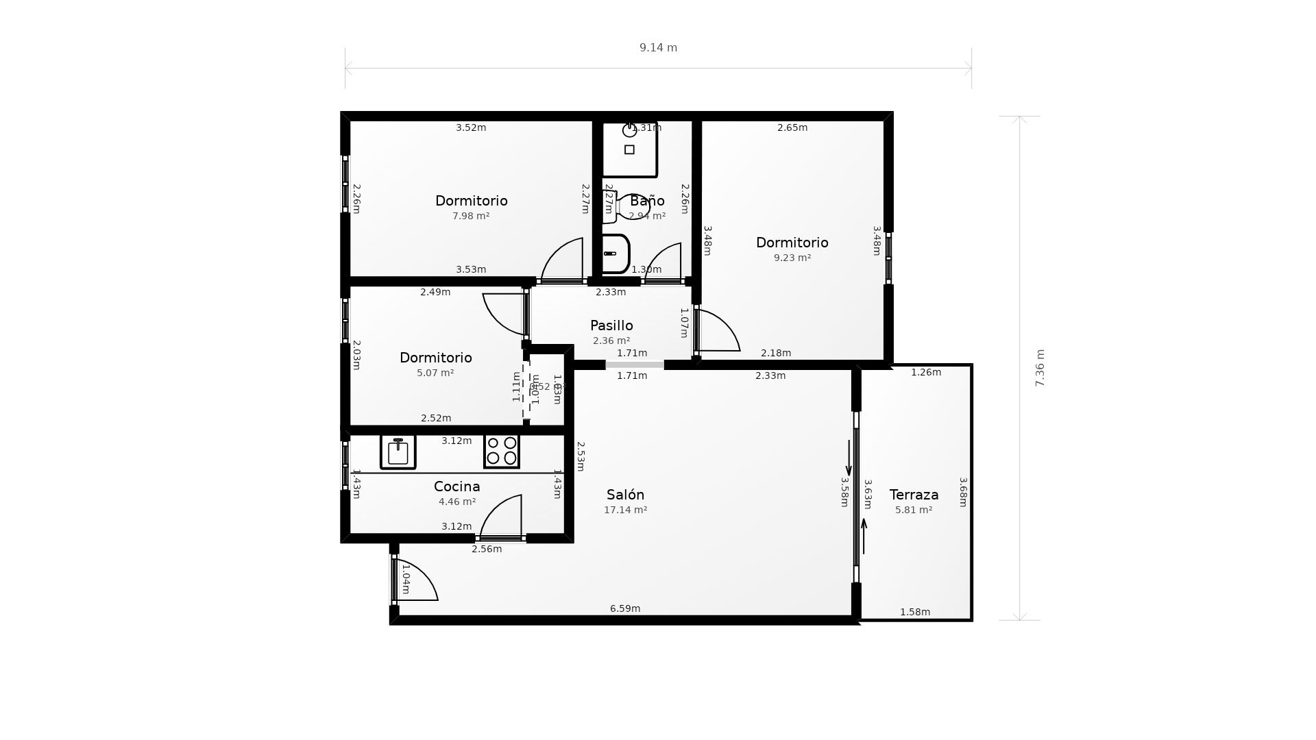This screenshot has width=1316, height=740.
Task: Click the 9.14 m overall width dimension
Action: (658, 48)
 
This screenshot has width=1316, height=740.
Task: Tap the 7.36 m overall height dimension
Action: (1040, 368)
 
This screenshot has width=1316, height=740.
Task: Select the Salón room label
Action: (625, 495)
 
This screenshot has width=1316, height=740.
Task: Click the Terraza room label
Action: (914, 495)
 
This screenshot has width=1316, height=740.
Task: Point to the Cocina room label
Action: (456, 486)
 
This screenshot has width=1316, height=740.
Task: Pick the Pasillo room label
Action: (611, 325)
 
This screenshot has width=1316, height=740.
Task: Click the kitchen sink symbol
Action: (398, 452)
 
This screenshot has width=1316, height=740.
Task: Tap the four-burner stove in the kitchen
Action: (502, 452)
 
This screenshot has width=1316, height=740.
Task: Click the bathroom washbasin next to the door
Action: (615, 254)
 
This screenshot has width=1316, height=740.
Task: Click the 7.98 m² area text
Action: (471, 217)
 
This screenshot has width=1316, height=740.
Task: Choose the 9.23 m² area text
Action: (792, 258)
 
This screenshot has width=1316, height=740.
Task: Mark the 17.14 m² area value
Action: (625, 510)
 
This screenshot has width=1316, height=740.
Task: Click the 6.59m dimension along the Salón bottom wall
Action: (625, 608)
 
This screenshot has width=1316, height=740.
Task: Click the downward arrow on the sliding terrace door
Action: (849, 458)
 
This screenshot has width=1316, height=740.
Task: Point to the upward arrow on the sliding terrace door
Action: (864, 536)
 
